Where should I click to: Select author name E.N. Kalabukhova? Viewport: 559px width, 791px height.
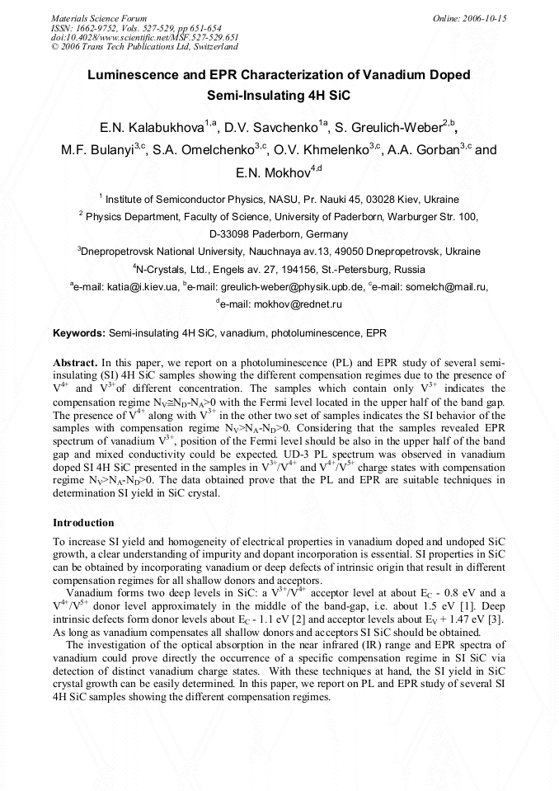(153, 128)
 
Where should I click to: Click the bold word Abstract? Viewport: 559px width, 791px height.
(74, 362)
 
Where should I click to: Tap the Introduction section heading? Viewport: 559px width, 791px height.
(83, 523)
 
